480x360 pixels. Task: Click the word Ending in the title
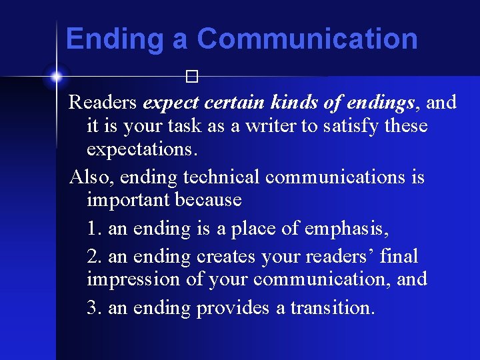click(x=115, y=39)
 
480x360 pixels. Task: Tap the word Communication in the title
click(x=307, y=39)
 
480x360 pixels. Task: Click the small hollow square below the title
click(x=193, y=77)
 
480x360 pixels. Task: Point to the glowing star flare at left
click(x=56, y=76)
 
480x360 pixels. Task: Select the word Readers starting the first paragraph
click(x=103, y=102)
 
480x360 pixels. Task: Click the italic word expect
click(x=171, y=103)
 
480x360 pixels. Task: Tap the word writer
click(x=273, y=126)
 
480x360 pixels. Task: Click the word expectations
click(x=142, y=149)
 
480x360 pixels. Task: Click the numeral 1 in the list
click(x=93, y=229)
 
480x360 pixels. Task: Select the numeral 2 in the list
click(x=93, y=255)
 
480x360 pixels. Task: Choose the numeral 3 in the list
click(x=93, y=308)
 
